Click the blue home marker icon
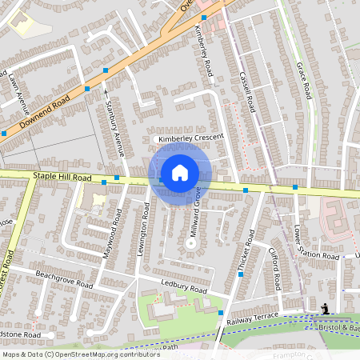[180, 173]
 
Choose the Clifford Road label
[274, 266]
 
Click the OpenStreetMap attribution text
[70, 354]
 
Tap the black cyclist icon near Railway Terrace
[325, 309]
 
